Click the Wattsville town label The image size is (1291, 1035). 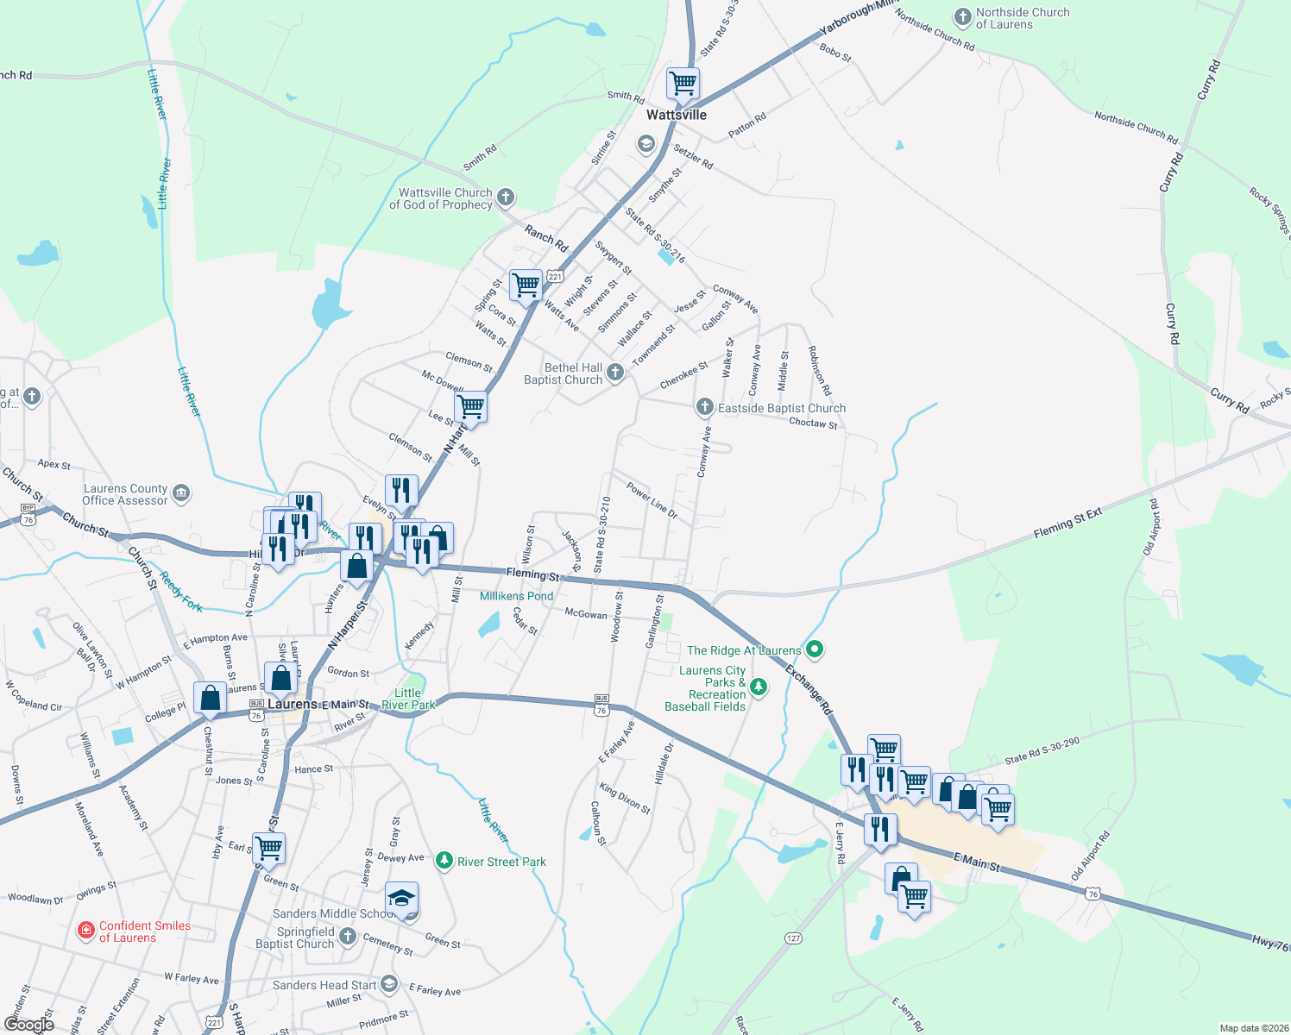677,115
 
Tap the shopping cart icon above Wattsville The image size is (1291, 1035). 683,84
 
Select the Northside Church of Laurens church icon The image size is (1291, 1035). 962,17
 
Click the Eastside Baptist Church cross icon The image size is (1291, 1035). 705,407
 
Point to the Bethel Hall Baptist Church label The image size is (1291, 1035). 564,373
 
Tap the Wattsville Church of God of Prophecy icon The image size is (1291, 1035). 506,198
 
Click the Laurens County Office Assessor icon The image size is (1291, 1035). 181,493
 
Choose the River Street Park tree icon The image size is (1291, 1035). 444,861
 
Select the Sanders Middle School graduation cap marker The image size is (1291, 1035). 401,899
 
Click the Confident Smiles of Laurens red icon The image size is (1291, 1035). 85,931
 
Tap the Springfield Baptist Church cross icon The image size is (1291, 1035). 347,937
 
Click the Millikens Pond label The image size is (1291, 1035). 516,596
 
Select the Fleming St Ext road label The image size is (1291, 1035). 1067,524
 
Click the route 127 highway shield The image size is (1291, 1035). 793,938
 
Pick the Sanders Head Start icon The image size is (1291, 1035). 389,984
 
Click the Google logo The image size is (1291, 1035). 28,1025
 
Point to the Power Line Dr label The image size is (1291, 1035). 652,501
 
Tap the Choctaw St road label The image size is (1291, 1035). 813,423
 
